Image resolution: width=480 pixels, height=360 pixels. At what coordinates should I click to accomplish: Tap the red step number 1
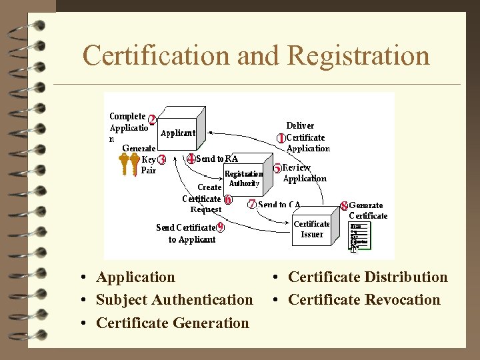pos(281,138)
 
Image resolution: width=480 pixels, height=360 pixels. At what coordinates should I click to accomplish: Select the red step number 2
pos(153,120)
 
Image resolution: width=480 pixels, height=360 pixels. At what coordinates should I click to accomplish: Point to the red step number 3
pos(162,160)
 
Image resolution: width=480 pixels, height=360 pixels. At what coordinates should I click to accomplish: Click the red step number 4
pos(191,159)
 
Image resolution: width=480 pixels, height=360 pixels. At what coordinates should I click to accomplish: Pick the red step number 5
pos(277,169)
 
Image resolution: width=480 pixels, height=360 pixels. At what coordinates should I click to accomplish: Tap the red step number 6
pos(228,199)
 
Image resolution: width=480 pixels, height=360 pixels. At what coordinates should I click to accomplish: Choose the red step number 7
pos(252,205)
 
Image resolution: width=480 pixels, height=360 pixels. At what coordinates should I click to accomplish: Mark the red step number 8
pos(344,206)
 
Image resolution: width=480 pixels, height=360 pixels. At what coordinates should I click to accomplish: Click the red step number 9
pos(221,227)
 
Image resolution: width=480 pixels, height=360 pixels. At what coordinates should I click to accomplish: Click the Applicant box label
pos(178,133)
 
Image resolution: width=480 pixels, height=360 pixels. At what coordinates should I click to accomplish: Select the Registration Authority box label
pos(244,179)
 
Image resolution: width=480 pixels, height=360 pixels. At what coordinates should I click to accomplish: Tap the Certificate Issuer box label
pos(311,229)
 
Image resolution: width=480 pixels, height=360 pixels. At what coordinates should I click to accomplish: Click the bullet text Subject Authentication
pos(174,300)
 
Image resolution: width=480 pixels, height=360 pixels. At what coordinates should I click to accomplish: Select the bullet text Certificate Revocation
pos(364,300)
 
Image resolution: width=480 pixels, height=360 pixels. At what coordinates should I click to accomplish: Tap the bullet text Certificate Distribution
pos(367,277)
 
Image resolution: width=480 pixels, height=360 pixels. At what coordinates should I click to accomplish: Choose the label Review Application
pos(305,173)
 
